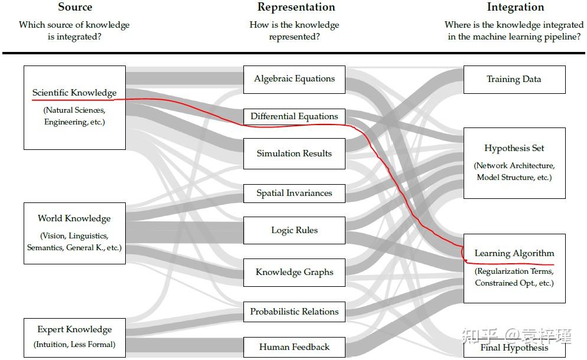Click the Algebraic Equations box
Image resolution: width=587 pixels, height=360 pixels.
coord(294,79)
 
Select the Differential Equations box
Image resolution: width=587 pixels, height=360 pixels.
coord(294,116)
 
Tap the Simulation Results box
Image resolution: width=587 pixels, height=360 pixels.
coord(294,153)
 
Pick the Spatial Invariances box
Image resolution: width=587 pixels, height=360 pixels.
coord(294,193)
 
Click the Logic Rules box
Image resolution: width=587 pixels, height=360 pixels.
coord(294,230)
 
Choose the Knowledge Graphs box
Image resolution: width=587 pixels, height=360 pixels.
coord(294,272)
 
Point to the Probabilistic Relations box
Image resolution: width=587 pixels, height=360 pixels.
coord(294,312)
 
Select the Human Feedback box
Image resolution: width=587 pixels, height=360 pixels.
coord(294,347)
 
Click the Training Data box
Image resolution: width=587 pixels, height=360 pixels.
coord(514,79)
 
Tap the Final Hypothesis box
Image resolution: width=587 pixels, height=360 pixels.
coord(514,348)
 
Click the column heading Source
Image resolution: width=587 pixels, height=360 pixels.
coord(75,7)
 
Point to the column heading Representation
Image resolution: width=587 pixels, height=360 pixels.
coord(296,7)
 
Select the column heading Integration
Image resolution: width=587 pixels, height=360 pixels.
coord(515,7)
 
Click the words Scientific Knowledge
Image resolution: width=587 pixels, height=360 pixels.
coord(74,93)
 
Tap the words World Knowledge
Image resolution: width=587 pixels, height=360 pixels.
coord(74,218)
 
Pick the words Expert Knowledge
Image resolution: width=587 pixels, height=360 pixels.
coord(74,329)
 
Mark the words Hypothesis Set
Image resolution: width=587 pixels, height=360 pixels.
coord(514,148)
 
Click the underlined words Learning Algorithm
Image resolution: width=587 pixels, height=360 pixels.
coord(514,254)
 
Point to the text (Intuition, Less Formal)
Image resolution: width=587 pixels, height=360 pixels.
coord(74,344)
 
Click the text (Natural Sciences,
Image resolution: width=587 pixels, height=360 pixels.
coord(74,110)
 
